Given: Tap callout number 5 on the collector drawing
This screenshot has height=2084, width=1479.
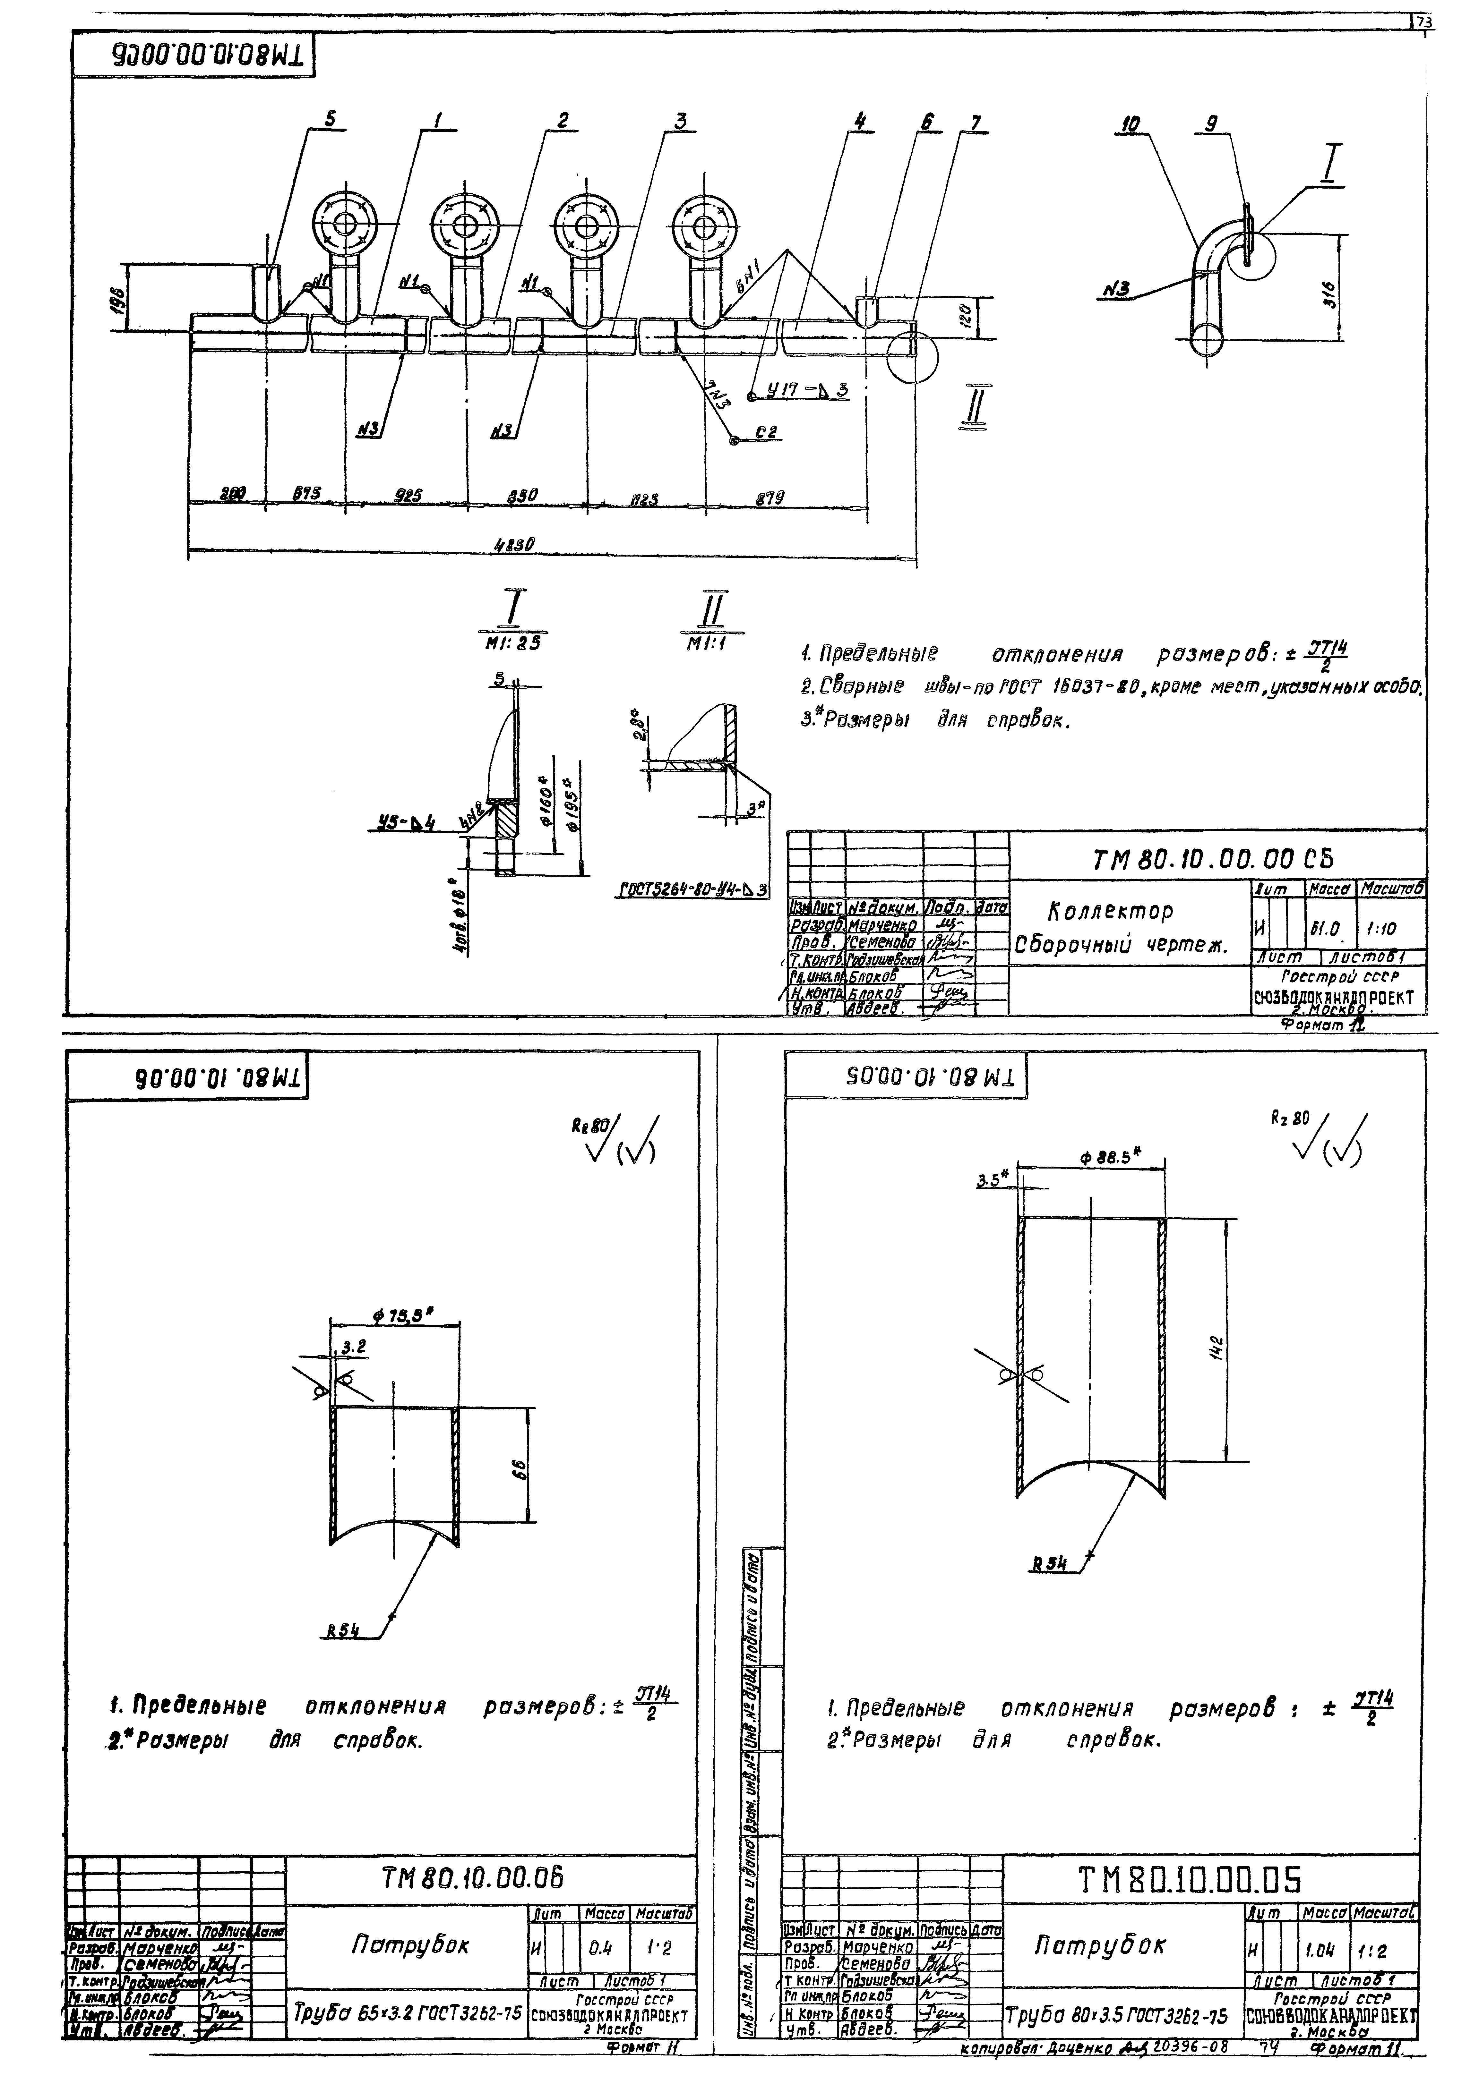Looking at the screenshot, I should [330, 118].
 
